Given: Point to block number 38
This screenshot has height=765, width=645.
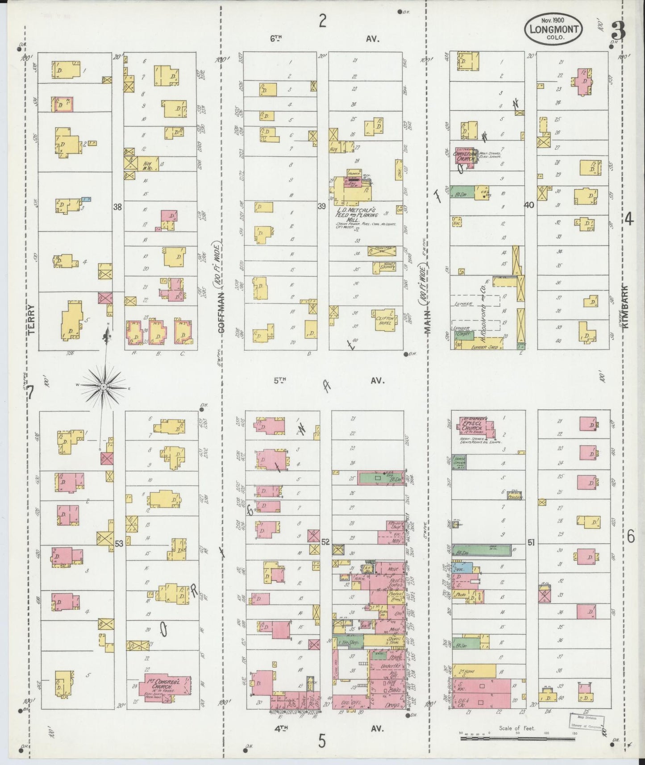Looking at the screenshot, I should pos(117,207).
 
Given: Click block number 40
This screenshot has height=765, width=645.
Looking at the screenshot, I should pos(529,205).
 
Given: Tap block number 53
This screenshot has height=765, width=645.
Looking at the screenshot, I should pos(119,544).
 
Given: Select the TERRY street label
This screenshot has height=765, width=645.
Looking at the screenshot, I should pos(31,319).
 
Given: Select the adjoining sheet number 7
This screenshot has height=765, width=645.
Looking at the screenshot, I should pos(31,393).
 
